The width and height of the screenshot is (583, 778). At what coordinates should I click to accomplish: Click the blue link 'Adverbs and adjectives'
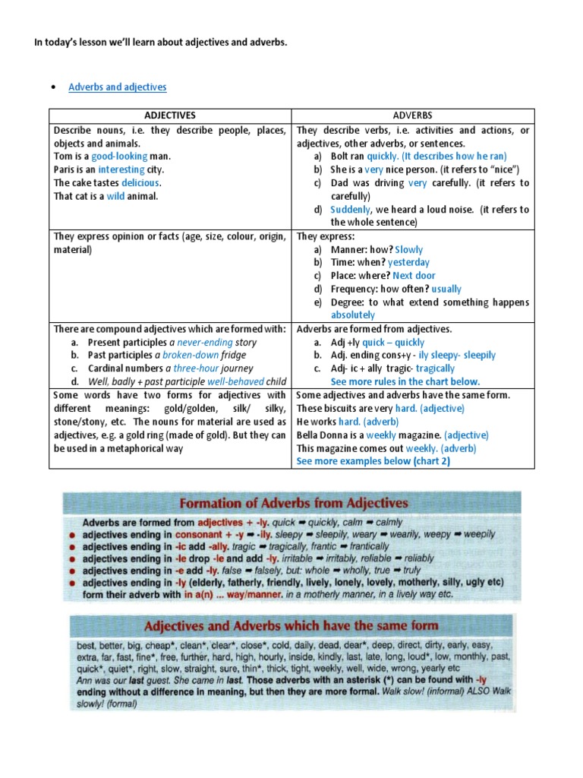point(117,87)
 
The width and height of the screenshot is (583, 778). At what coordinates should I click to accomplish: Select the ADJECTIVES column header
point(170,115)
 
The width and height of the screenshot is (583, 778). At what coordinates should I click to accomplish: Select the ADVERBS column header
point(413,115)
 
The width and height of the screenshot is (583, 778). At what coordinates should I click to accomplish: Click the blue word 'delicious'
point(141,183)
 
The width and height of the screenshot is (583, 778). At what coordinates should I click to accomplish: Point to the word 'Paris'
point(65,169)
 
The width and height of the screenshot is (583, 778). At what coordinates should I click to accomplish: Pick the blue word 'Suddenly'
point(351,210)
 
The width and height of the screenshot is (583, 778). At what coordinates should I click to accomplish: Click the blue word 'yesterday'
point(408,262)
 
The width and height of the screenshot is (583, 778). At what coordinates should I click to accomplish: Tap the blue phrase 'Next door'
point(414,275)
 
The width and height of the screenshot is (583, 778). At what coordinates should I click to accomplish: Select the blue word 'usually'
point(446,289)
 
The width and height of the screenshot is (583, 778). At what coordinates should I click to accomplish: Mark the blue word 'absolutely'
point(352,315)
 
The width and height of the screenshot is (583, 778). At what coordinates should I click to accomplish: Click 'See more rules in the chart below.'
point(405,381)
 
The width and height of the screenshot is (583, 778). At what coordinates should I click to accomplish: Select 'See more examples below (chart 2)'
point(373,461)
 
